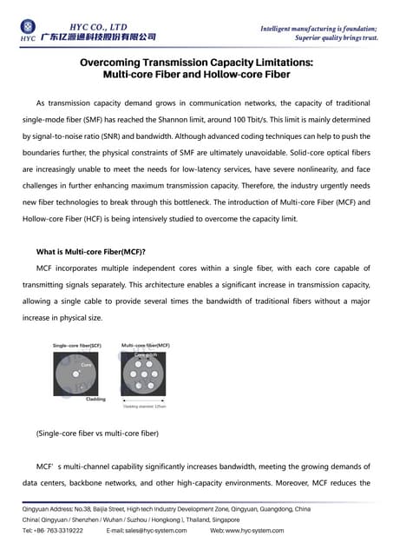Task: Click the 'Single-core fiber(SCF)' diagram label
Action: [x=77, y=346]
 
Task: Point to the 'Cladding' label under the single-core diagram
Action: [x=95, y=399]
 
